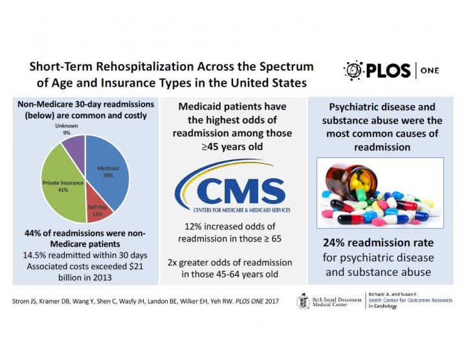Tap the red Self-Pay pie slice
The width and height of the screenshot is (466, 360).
tap(97, 208)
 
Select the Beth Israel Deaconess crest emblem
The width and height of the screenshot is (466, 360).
tap(302, 300)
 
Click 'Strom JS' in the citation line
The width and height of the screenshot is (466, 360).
tap(28, 302)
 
